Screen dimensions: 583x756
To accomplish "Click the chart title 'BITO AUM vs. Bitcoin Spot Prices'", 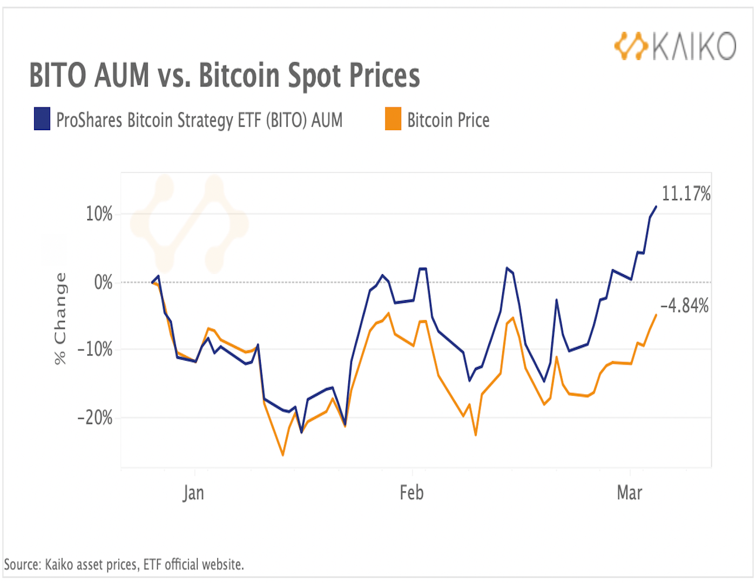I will tap(224, 75).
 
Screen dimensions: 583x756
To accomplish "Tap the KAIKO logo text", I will tap(694, 46).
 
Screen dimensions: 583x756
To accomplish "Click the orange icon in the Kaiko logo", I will tap(631, 46).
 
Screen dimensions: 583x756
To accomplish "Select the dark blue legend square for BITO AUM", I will tap(42, 119).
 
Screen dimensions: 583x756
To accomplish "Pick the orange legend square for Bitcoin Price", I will tap(393, 119).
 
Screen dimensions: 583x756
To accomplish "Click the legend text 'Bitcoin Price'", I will tap(448, 120).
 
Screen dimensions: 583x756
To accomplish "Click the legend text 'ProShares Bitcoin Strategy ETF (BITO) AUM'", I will tap(199, 120).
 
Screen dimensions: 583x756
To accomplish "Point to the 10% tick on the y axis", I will tap(99, 214).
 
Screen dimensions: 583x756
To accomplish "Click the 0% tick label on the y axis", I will tap(103, 282).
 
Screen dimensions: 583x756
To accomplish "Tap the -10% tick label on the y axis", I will tap(95, 350).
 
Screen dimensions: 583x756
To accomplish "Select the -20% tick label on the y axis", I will tap(95, 418).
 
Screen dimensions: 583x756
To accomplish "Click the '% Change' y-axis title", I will tap(60, 318).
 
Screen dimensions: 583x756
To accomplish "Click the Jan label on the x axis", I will tap(193, 493).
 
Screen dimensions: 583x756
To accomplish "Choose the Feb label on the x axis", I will tap(411, 493).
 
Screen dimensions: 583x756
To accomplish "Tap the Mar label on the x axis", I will tap(630, 493).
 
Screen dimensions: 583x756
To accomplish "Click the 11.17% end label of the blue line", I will tap(686, 194).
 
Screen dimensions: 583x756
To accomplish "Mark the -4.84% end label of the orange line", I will tap(684, 306).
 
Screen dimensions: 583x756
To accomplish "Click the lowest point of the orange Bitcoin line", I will tap(282, 455).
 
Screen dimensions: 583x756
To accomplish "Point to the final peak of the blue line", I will tap(656, 206).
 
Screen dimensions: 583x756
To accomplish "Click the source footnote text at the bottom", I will tap(124, 565).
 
